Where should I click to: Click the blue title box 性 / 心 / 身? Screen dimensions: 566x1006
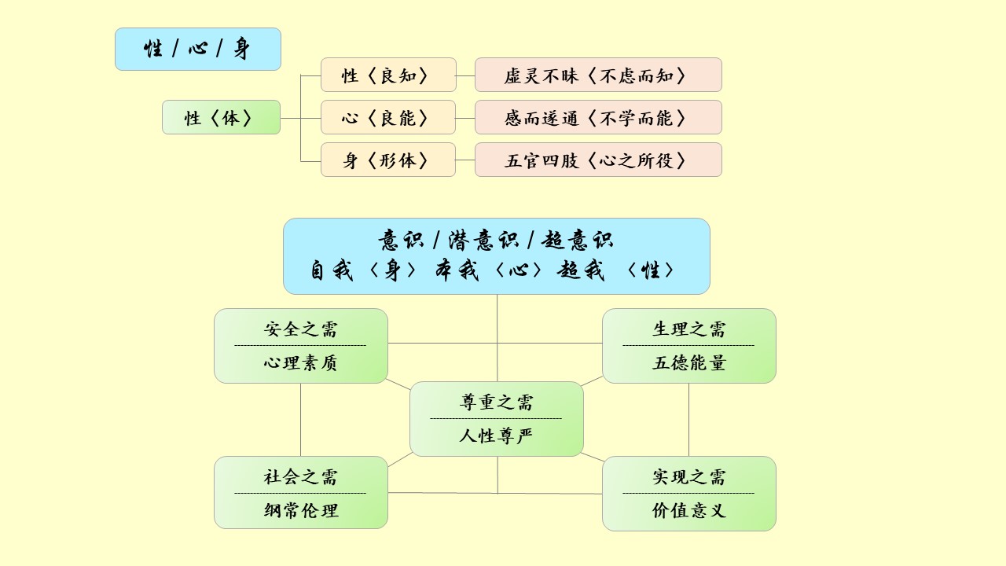197,50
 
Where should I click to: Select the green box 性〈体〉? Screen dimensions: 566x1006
221,118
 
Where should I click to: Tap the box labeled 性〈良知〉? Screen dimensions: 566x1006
387,75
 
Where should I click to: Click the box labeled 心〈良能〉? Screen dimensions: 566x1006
387,118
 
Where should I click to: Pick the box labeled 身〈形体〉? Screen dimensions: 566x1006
387,160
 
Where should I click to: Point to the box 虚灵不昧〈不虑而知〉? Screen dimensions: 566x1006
598,75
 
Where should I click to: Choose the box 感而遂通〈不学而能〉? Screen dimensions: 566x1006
598,118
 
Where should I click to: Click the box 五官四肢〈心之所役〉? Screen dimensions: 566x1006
598,160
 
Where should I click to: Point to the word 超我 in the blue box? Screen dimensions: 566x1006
581,270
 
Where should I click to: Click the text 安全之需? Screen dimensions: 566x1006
300,329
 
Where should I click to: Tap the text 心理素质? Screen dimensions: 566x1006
300,363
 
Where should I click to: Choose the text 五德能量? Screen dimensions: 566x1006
688,363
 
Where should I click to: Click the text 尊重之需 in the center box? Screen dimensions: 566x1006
496,402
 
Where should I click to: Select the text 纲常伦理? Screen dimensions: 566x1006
300,510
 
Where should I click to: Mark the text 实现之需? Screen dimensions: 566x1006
688,476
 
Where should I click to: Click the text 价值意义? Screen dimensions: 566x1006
688,510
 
